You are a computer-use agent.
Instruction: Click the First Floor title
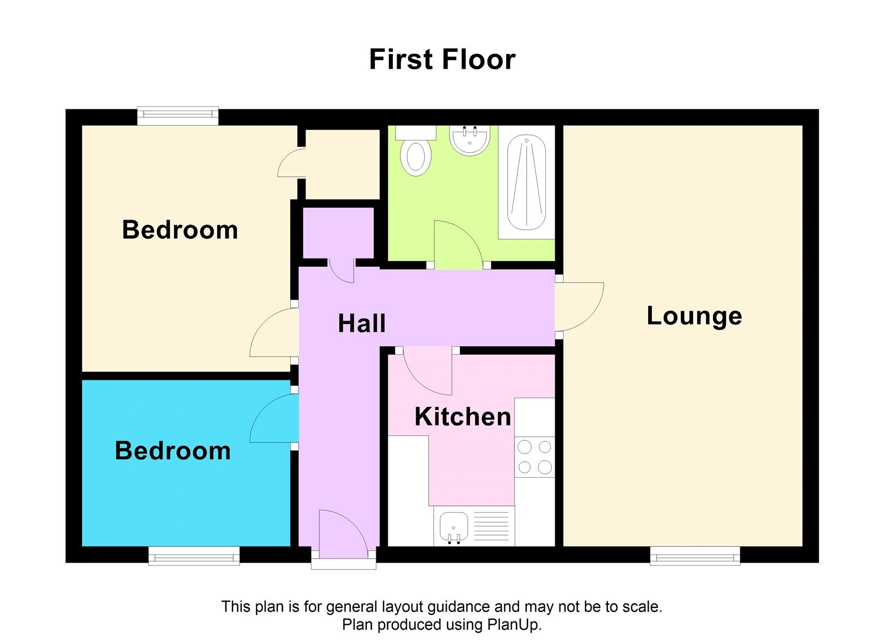coord(442,60)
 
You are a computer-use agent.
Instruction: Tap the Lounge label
coord(694,316)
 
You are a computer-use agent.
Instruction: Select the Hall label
coord(361,323)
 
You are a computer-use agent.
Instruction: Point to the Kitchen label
coord(462,417)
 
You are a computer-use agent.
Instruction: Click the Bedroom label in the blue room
coord(172,451)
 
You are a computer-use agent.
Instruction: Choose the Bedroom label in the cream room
coord(180,230)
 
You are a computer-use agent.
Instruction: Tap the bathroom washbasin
coord(470,140)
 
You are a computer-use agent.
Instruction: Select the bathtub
coord(527,182)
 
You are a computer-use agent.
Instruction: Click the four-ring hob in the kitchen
coord(534,457)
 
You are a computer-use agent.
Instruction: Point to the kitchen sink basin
coord(454,526)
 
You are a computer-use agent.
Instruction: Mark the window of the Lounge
coord(694,556)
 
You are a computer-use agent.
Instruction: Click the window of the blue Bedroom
coord(194,556)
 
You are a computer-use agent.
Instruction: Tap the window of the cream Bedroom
coord(177,116)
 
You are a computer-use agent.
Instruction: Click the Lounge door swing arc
coord(580,307)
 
